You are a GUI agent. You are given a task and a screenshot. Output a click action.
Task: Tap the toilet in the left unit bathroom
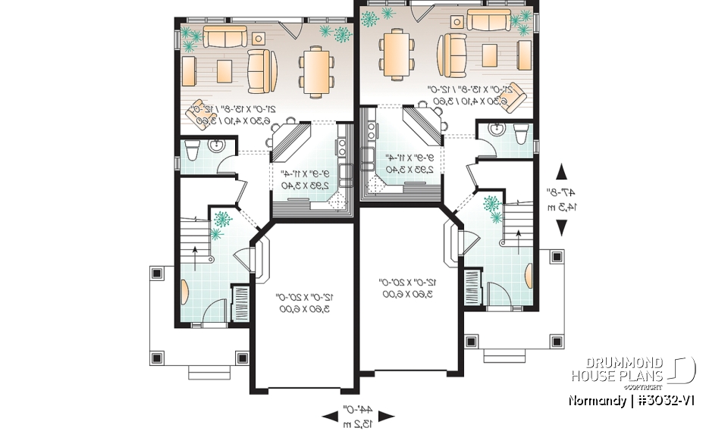point(190,152)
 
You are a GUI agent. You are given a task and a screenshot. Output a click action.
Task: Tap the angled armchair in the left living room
point(200,111)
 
